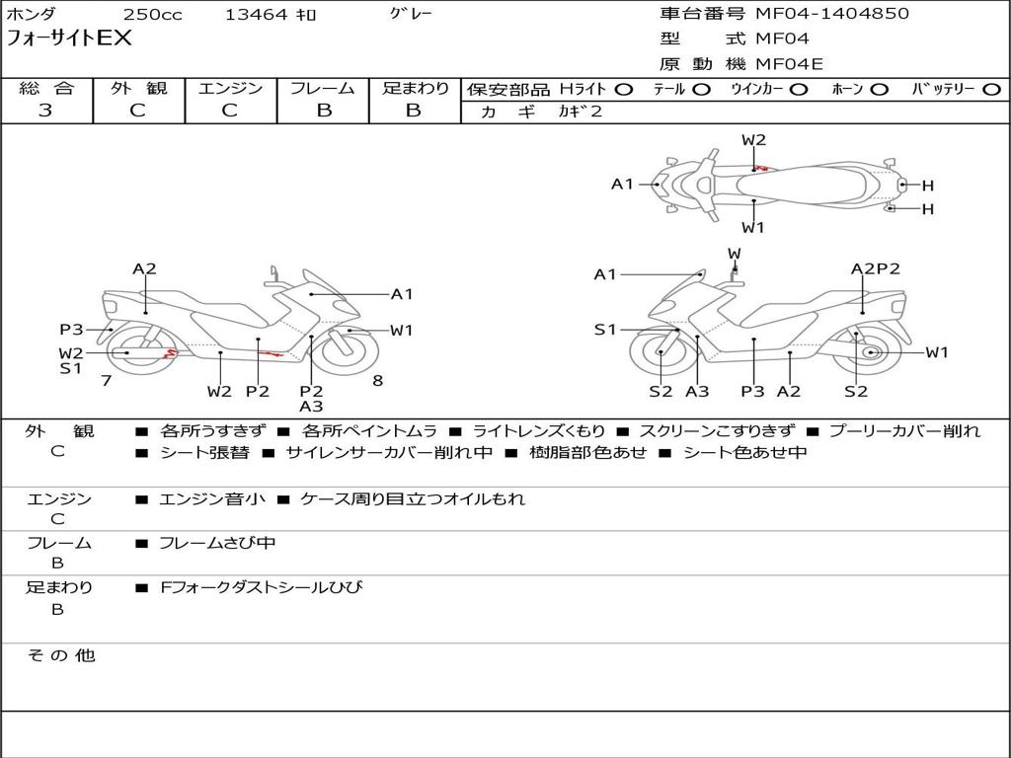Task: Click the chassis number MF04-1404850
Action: click(x=831, y=14)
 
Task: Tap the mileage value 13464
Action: click(x=256, y=14)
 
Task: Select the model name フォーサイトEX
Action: click(x=68, y=38)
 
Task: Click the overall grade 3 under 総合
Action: click(x=45, y=111)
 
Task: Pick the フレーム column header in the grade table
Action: click(x=323, y=88)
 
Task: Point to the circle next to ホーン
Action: click(x=879, y=90)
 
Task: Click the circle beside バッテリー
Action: click(x=992, y=90)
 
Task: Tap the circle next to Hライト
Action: click(x=624, y=90)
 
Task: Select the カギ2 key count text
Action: click(x=581, y=112)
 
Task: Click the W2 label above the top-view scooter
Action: click(x=753, y=140)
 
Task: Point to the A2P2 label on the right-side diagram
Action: click(x=875, y=268)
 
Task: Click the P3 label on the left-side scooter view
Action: click(x=71, y=330)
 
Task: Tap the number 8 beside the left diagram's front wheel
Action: click(x=378, y=381)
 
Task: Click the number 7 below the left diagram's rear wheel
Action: click(x=107, y=381)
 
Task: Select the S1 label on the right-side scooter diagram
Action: click(x=605, y=330)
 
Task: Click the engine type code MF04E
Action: click(x=789, y=64)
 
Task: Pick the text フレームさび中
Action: click(x=217, y=544)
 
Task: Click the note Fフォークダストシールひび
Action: click(x=261, y=587)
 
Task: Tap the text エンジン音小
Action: click(x=212, y=498)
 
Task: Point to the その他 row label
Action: click(x=61, y=655)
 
